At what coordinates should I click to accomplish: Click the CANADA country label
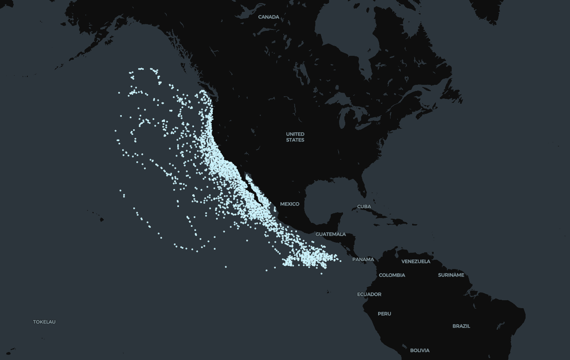[x=268, y=17]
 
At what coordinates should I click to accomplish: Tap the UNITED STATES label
[x=295, y=137]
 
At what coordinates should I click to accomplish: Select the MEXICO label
[x=289, y=204]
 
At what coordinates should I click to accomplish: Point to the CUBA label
[x=364, y=206]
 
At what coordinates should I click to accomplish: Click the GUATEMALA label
[x=330, y=234]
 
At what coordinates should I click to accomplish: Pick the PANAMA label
[x=363, y=259]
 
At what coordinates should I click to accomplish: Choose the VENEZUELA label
[x=416, y=262]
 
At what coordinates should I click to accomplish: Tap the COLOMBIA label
[x=392, y=275]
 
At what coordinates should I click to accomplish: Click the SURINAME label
[x=451, y=275]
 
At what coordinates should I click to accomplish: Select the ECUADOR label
[x=369, y=294]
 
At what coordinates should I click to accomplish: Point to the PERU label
[x=384, y=314]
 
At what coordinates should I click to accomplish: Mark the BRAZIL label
[x=461, y=326]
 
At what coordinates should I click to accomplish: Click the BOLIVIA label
[x=420, y=350]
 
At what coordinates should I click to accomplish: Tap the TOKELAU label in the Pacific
[x=44, y=322]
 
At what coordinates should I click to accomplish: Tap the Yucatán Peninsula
[x=336, y=220]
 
